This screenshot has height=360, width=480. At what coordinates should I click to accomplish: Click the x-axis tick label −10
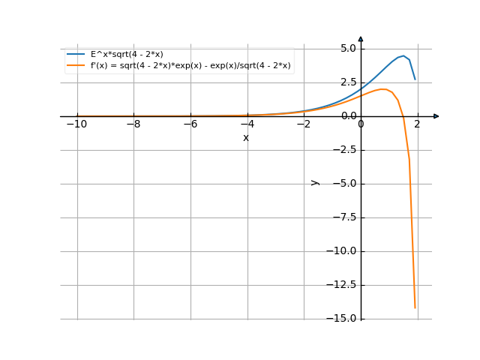point(76,124)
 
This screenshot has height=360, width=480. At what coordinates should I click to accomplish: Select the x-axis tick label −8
point(133,124)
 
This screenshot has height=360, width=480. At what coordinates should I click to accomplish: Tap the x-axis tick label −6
point(190,124)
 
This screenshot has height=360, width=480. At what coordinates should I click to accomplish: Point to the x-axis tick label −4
point(247,124)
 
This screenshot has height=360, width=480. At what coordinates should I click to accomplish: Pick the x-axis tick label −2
point(304,124)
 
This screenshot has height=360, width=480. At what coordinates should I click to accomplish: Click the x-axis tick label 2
point(418,124)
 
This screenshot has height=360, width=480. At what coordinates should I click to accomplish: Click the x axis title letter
point(246,138)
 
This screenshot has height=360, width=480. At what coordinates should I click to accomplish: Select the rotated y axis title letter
point(315,182)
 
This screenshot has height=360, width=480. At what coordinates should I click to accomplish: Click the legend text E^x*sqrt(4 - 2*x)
point(127,54)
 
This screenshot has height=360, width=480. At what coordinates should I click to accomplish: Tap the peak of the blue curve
point(403,55)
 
